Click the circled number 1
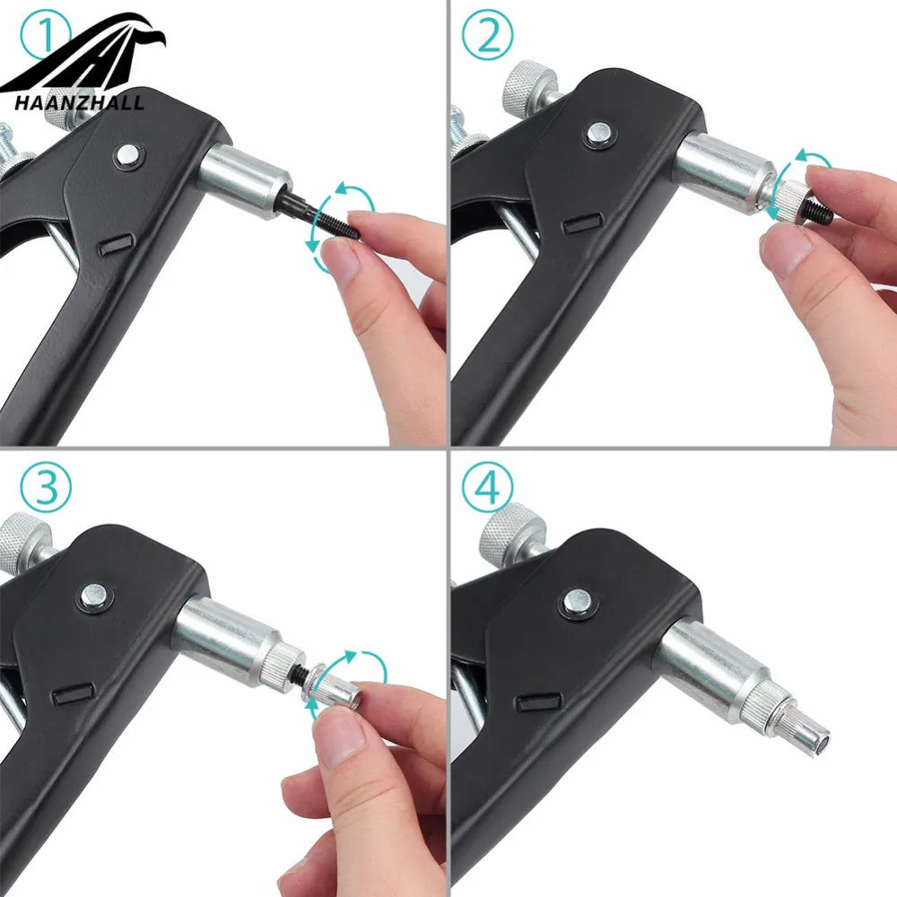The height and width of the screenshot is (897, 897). (46, 36)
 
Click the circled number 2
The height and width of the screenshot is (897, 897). (487, 36)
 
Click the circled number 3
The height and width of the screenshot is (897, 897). (46, 487)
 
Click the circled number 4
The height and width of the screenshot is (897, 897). (487, 487)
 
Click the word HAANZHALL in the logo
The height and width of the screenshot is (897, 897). (79, 103)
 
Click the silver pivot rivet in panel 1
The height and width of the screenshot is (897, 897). (127, 154)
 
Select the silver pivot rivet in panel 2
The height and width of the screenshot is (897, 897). (598, 135)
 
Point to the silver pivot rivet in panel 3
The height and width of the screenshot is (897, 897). (93, 597)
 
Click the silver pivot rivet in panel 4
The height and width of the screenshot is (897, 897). (577, 602)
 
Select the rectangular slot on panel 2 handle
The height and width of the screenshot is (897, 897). (581, 223)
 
